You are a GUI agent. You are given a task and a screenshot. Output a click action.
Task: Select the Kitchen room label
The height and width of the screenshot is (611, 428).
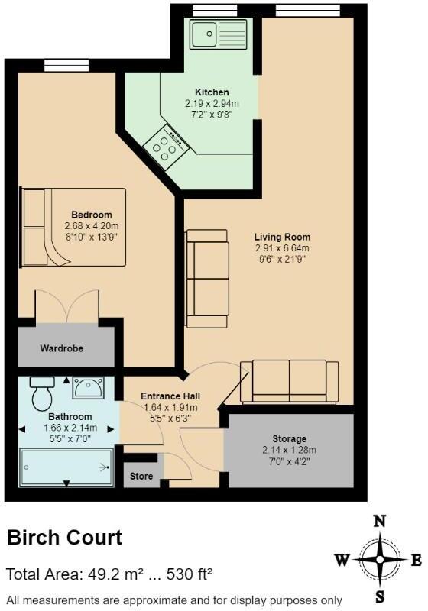[212, 92]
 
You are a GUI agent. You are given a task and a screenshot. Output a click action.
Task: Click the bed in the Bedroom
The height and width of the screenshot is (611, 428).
[73, 227]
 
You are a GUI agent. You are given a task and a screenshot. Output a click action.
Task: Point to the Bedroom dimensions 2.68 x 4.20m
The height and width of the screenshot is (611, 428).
[92, 226]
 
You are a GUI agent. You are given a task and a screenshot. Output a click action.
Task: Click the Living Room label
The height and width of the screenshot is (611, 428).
[283, 237]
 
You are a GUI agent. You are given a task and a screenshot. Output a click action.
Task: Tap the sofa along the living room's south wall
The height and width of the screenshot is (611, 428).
[290, 380]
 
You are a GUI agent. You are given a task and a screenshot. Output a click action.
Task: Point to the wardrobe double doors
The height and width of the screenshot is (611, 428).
[66, 305]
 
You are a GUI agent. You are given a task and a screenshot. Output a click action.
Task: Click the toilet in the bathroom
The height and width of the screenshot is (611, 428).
[41, 393]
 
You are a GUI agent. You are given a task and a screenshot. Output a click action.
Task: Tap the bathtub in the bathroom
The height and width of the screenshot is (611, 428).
[66, 467]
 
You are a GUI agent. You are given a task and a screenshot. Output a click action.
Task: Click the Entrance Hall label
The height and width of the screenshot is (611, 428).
[170, 396]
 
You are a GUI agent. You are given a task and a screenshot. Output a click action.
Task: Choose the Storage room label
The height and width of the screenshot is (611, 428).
[289, 439]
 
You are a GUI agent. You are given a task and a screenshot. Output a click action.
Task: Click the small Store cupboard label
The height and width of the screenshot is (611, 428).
[141, 476]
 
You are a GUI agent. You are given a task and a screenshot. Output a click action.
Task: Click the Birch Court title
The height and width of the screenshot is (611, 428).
[65, 538]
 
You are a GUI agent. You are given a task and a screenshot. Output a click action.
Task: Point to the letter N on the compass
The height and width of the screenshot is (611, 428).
[378, 522]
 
